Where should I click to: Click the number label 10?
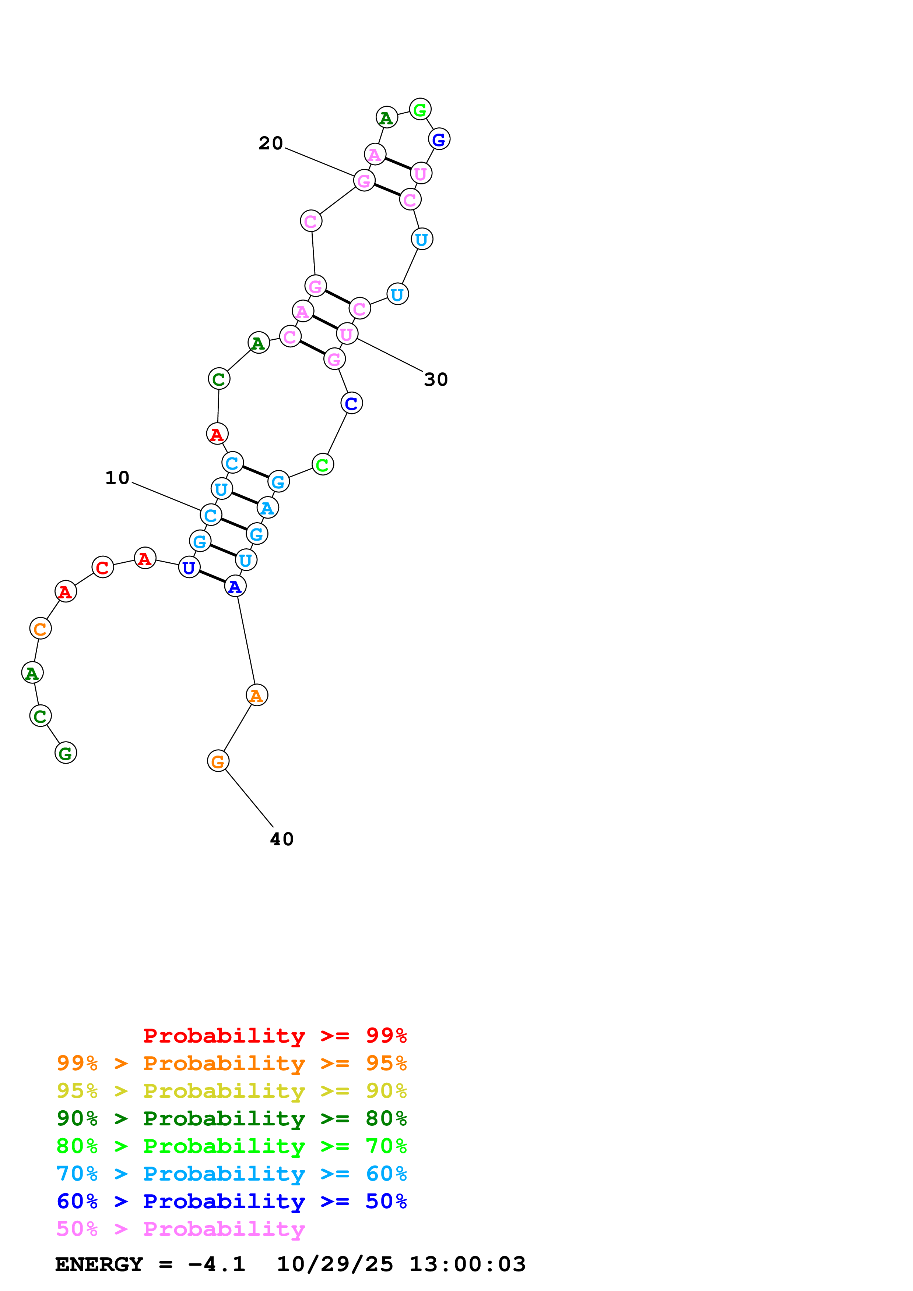point(117,478)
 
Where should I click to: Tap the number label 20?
point(271,144)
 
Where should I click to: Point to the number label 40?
point(281,839)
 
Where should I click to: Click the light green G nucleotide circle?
point(420,110)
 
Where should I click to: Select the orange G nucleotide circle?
point(218,761)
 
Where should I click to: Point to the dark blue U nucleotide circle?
point(189,567)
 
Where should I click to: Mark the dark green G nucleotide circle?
point(65,753)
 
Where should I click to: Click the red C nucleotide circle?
point(102,567)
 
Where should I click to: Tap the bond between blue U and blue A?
point(244,498)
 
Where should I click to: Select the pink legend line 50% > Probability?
point(180,1228)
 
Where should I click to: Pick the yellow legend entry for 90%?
point(231,1090)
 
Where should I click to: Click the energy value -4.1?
point(217,1265)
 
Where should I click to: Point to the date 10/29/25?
point(335,1265)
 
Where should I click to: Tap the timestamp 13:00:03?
point(467,1265)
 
